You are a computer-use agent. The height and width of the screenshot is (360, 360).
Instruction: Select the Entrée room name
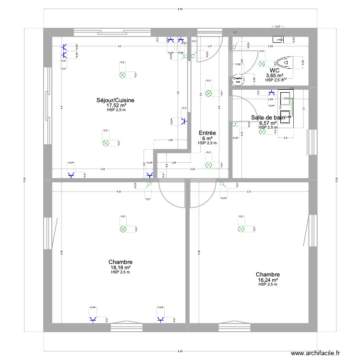207,133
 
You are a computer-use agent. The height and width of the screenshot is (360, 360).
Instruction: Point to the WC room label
275,70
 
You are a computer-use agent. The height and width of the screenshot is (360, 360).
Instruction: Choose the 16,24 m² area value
268,279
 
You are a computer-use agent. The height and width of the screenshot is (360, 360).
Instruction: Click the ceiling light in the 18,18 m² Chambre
122,229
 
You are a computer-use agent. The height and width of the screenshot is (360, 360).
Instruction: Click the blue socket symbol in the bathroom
271,93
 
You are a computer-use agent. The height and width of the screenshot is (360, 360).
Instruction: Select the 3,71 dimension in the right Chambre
249,192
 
